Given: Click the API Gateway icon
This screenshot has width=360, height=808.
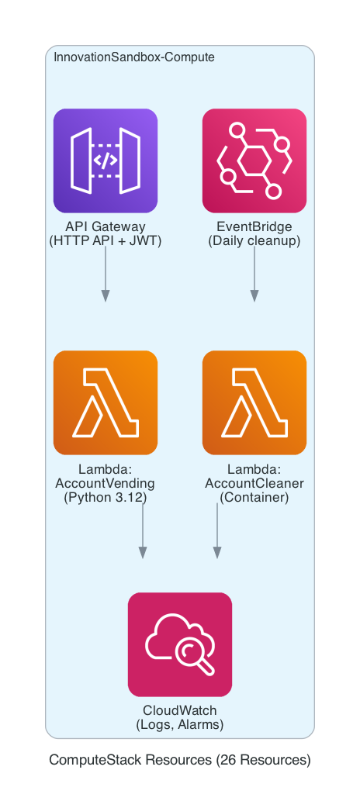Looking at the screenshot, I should [x=106, y=161].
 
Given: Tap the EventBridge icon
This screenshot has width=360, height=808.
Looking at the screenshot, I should [x=254, y=161].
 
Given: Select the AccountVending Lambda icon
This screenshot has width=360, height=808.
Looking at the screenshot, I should [x=106, y=402].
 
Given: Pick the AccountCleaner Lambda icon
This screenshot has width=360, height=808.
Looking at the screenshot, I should [x=254, y=402].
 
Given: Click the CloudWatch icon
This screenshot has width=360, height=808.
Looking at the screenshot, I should [x=180, y=644].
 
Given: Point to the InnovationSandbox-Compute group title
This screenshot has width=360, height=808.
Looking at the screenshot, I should [x=134, y=58].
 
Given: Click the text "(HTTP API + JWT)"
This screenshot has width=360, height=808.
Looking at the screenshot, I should [x=106, y=241].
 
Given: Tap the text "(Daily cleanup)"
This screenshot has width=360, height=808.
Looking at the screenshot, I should [x=254, y=241].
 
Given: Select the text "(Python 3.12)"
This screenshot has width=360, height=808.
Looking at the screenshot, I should [x=106, y=498].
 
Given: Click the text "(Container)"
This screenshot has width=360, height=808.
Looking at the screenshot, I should [x=254, y=498].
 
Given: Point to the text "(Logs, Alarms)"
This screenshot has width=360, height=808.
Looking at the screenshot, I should [x=180, y=725].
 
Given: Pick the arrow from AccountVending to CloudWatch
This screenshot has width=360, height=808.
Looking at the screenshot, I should [x=143, y=531].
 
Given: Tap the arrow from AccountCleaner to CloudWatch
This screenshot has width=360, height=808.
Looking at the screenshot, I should [x=217, y=531].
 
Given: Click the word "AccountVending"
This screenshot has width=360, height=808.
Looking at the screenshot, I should [x=106, y=484].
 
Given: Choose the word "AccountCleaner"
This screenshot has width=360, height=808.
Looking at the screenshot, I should [x=254, y=484].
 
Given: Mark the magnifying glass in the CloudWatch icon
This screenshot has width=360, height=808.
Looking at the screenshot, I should [x=194, y=654].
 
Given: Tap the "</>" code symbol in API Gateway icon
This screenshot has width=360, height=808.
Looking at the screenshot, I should [x=106, y=161].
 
